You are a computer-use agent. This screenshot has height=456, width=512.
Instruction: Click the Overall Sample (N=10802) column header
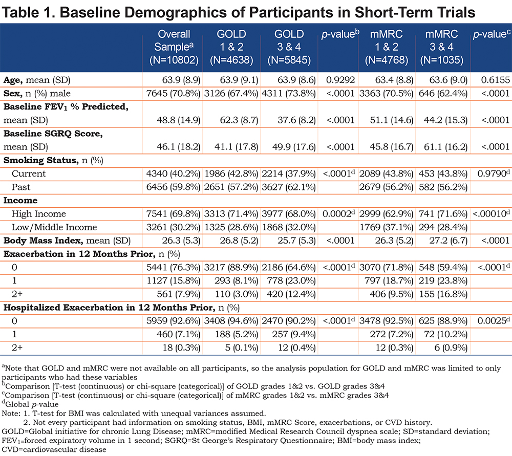pyautogui.click(x=174, y=47)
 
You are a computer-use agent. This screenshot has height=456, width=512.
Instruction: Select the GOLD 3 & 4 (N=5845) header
pyautogui.click(x=289, y=47)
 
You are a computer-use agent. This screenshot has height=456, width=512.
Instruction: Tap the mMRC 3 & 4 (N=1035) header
pyautogui.click(x=441, y=47)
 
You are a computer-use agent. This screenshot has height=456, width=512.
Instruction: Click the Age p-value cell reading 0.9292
pyautogui.click(x=340, y=80)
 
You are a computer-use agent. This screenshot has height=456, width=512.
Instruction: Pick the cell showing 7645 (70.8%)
pyautogui.click(x=173, y=94)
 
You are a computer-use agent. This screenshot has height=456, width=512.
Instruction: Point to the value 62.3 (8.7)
pyautogui.click(x=239, y=120)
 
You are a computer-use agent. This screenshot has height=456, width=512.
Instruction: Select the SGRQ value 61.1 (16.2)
pyautogui.click(x=446, y=147)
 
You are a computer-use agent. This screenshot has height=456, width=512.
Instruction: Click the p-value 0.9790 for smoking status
pyautogui.click(x=494, y=173)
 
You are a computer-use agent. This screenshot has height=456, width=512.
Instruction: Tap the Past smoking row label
pyautogui.click(x=21, y=187)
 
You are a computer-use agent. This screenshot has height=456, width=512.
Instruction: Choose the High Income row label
pyautogui.click(x=39, y=214)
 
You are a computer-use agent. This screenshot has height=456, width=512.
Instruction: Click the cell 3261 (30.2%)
pyautogui.click(x=173, y=228)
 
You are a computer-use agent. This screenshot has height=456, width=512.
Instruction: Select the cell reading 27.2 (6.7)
pyautogui.click(x=449, y=241)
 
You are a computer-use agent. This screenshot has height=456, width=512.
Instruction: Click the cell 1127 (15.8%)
pyautogui.click(x=174, y=281)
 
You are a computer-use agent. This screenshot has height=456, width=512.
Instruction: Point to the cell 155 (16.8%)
pyautogui.click(x=443, y=294)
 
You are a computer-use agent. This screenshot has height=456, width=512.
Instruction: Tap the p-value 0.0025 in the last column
pyautogui.click(x=494, y=321)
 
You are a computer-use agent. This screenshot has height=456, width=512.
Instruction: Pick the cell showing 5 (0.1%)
pyautogui.click(x=241, y=348)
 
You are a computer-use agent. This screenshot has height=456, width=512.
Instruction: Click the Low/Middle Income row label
pyautogui.click(x=54, y=228)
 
